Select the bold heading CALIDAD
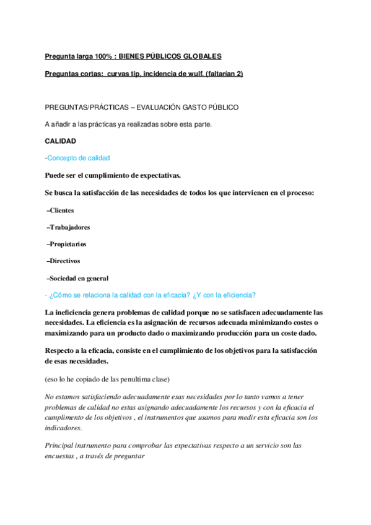60,141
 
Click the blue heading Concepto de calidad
79,158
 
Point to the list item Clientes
61,210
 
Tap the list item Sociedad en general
79,278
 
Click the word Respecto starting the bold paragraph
61,350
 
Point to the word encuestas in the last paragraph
63,456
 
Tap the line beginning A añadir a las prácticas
128,124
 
